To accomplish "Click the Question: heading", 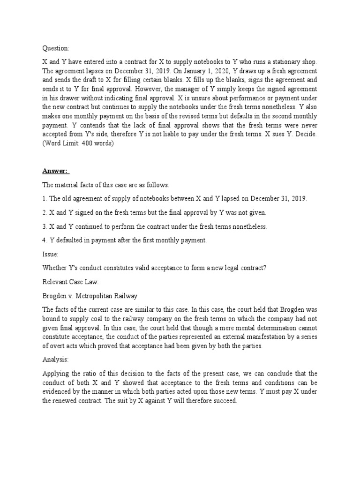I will point(55,48).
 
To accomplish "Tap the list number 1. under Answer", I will point(45,199).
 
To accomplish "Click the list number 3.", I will point(45,226).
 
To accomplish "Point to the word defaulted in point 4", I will point(73,240).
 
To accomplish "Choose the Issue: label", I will point(50,254).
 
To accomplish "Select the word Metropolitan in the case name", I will point(95,296).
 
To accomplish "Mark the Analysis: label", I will point(55,360).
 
